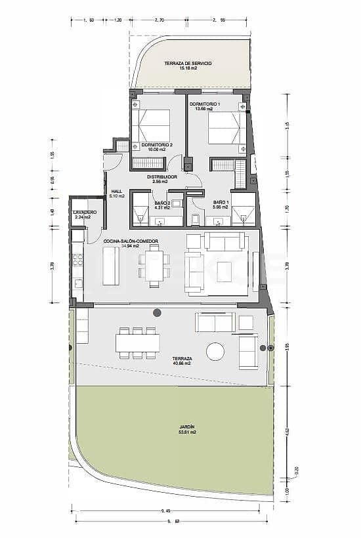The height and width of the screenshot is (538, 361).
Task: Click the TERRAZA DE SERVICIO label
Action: (188, 63)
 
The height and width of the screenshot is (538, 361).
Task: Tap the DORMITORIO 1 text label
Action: (205, 104)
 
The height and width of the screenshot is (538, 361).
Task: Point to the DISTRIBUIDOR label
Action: (161, 176)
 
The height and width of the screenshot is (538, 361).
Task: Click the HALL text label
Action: (117, 191)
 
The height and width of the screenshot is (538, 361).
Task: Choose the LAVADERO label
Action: (85, 213)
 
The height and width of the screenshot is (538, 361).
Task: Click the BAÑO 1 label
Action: (221, 202)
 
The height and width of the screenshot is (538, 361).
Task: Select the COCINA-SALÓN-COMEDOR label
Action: (131, 241)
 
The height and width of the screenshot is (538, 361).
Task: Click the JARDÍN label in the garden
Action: (188, 427)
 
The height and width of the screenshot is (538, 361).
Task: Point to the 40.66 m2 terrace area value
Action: (182, 363)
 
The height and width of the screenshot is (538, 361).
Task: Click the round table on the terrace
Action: (215, 352)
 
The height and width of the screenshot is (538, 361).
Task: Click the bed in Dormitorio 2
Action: (151, 125)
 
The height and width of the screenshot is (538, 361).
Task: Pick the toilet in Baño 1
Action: (196, 218)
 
